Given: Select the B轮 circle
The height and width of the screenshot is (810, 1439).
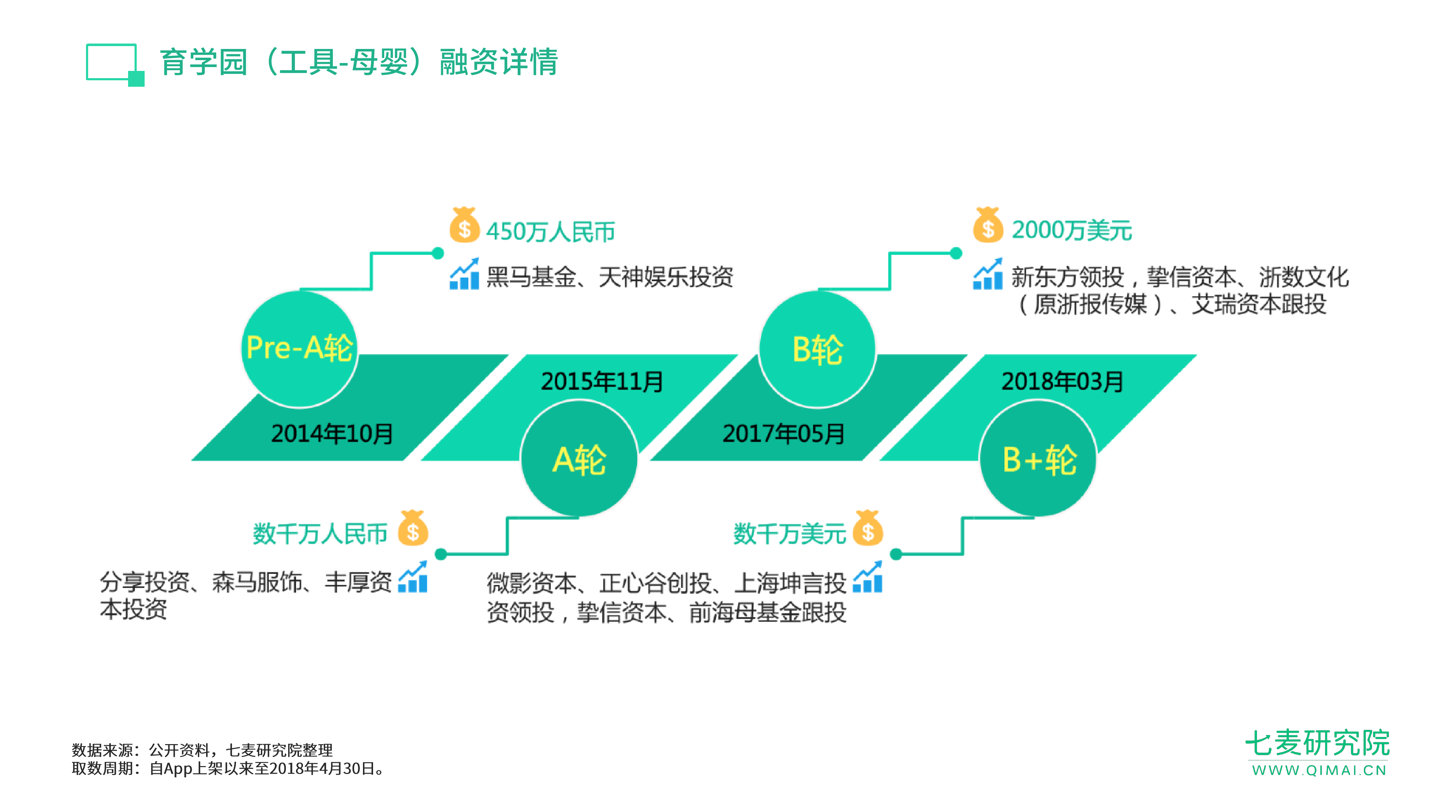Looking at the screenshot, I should pos(817,349).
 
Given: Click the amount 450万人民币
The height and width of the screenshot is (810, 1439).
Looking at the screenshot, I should pos(550,231).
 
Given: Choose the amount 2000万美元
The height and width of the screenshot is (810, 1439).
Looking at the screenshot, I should pos(1071,230).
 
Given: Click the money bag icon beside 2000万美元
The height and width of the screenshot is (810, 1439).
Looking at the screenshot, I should pos(988,225).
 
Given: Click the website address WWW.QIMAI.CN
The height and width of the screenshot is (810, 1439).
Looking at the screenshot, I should pos(1319,770).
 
